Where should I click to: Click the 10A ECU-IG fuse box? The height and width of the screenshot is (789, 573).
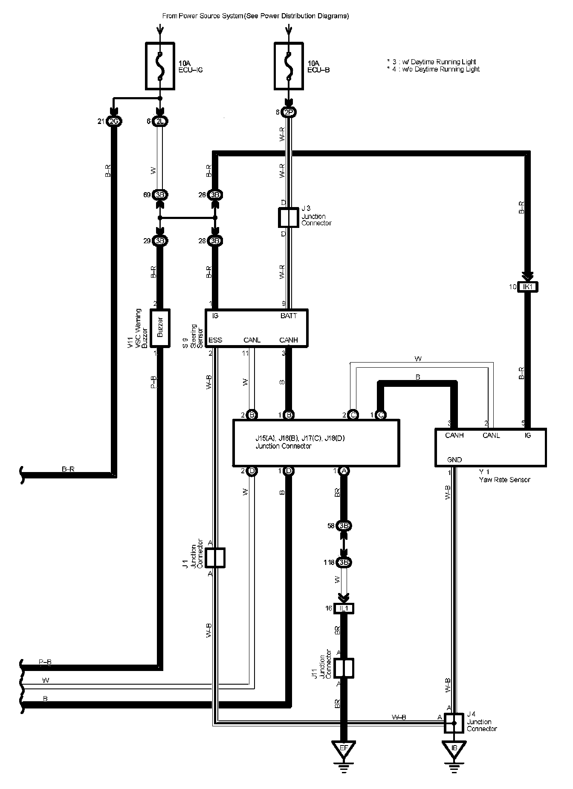160,66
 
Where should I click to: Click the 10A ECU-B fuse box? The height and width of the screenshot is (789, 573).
289,66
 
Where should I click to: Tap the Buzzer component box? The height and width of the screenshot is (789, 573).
160,326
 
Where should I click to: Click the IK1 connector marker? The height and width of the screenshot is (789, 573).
528,287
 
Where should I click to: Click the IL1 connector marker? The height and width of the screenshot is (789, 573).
344,608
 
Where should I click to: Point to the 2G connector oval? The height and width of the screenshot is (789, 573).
114,121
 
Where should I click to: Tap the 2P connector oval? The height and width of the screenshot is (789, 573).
289,112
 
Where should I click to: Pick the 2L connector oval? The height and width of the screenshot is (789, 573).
160,121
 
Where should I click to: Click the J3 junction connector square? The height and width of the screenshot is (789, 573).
289,218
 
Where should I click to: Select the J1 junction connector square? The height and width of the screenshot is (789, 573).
215,558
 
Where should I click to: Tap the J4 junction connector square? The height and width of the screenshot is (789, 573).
454,723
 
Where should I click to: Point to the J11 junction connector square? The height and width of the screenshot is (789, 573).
344,668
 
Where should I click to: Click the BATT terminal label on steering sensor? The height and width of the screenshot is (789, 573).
289,316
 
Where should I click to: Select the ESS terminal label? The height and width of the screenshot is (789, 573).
215,340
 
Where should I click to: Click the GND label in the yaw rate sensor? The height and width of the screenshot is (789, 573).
454,460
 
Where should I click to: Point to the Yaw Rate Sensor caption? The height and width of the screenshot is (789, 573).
504,480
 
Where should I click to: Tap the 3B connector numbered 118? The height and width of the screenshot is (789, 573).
344,562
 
